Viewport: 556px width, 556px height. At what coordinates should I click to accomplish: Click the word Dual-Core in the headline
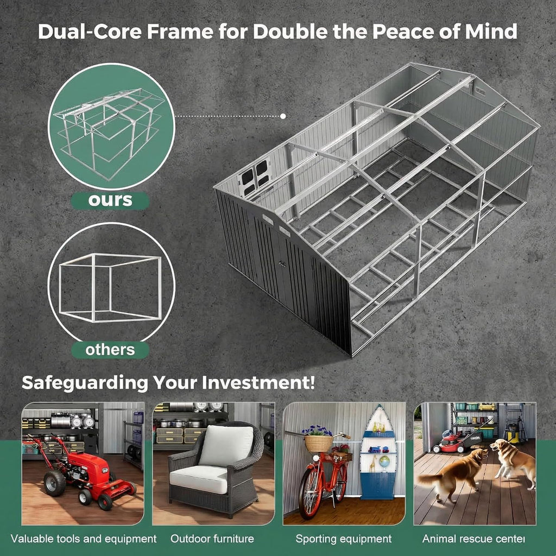click(x=90, y=31)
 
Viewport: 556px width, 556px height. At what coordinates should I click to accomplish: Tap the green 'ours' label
click(x=110, y=200)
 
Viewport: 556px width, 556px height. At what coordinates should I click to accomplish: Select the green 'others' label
click(x=110, y=350)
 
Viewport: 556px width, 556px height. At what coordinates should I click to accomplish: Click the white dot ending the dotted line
click(x=283, y=116)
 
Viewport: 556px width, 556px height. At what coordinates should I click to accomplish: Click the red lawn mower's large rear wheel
click(x=54, y=483)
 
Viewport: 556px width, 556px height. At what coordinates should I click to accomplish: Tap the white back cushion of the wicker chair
click(x=226, y=446)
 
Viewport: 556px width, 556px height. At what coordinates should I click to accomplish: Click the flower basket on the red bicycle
click(x=318, y=443)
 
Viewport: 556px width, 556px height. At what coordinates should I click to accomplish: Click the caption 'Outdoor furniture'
click(x=212, y=539)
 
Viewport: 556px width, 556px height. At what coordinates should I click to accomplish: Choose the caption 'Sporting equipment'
click(x=344, y=539)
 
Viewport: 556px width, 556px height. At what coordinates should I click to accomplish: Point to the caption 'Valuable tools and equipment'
click(x=84, y=539)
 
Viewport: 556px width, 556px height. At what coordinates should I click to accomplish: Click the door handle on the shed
click(x=282, y=263)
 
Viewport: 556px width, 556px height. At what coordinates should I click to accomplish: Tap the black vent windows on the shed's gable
click(x=255, y=176)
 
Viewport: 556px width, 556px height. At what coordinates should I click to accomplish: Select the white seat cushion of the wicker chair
click(x=199, y=479)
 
